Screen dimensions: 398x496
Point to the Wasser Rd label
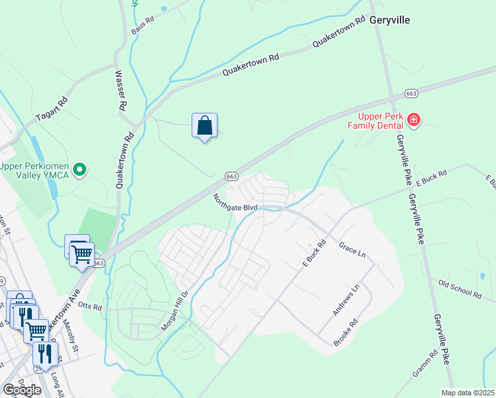[x=121, y=90]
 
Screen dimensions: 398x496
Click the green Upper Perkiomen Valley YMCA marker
[x=80, y=170]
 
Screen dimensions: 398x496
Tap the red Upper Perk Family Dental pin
[x=414, y=120]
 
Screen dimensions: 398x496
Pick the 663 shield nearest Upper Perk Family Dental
[x=411, y=94]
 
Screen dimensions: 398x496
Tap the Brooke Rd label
[x=345, y=332]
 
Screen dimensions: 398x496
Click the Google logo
[x=21, y=389]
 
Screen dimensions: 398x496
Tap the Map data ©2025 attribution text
[x=467, y=392]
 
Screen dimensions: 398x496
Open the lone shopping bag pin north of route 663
[x=205, y=126]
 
